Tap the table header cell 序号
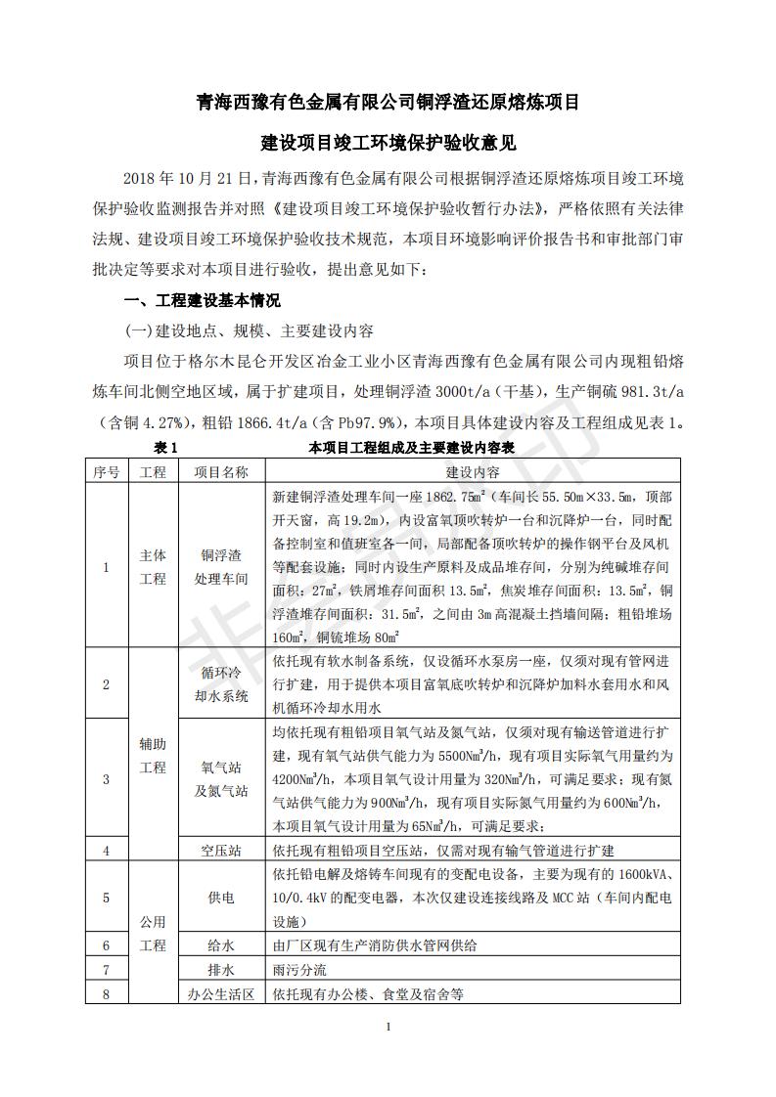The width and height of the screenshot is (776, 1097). [x=107, y=471]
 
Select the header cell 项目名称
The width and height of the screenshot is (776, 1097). [x=221, y=471]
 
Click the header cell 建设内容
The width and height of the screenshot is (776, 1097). [x=473, y=471]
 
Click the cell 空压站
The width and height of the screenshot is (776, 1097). [x=221, y=851]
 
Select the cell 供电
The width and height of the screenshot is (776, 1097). [x=221, y=897]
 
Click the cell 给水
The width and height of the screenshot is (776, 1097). [x=221, y=945]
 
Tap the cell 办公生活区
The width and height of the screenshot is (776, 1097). [x=221, y=994]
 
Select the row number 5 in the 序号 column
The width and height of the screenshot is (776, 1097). [x=107, y=897]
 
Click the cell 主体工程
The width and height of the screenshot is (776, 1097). [x=153, y=567]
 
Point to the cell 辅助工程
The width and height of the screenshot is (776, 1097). [x=153, y=756]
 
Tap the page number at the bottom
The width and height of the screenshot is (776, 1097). [x=388, y=1027]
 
